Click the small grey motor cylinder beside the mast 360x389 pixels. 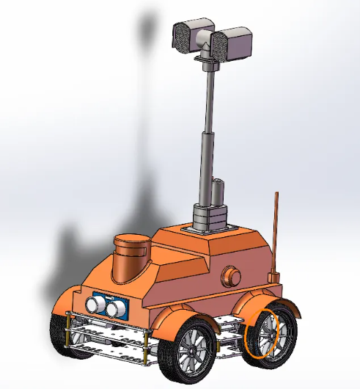(x=217, y=192)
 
